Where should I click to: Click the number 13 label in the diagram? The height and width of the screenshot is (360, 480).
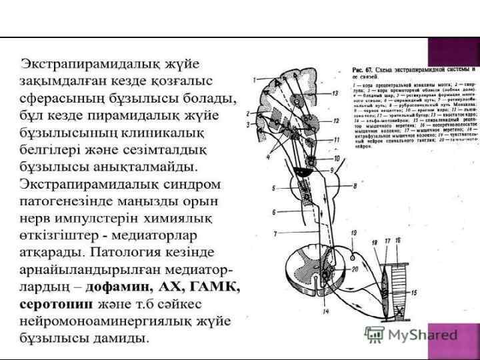click(335, 93)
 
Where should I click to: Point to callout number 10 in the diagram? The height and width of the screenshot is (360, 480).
click(337, 159)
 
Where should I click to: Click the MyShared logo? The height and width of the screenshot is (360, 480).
click(411, 334)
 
